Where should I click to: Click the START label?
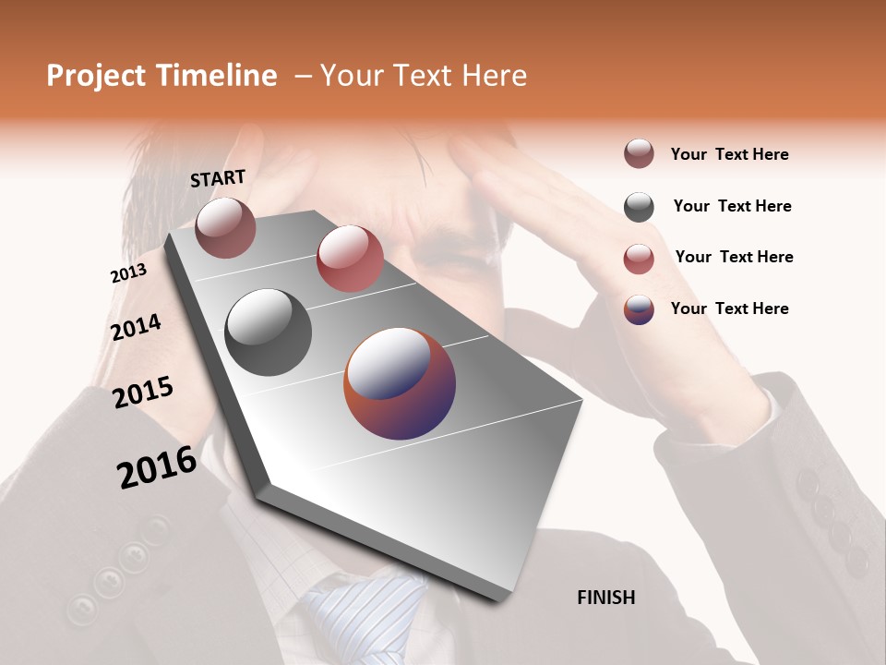pos(218,178)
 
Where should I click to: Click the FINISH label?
pos(605,598)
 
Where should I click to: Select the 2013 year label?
pos(128,273)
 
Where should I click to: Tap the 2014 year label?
pos(136,327)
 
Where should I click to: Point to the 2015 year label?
pos(143,393)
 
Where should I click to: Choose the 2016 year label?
pos(157,467)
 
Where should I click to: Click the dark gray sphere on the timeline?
pos(269,332)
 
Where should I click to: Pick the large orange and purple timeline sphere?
pos(400,383)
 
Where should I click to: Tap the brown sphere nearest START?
pos(225,227)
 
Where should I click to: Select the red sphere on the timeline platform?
pos(350,259)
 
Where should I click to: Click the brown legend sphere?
pos(639,153)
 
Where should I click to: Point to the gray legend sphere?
pos(639,207)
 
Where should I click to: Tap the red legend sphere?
pos(639,259)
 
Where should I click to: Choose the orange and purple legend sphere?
pos(639,309)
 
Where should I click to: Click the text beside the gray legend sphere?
pos(732,206)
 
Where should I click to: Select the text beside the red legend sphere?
pos(734,257)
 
